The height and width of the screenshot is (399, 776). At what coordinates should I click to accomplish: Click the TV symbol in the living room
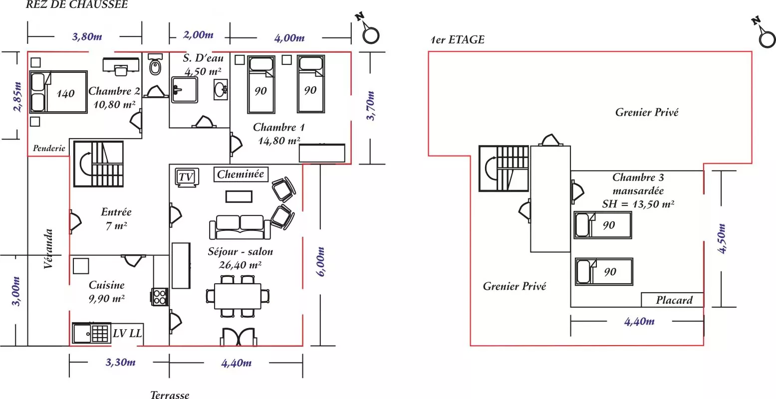coord(187,178)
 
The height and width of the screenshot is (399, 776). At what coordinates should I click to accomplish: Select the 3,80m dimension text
coord(87,36)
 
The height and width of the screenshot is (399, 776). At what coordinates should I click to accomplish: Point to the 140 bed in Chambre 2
coord(59,93)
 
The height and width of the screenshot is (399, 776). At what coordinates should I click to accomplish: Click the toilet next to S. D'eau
coord(155,65)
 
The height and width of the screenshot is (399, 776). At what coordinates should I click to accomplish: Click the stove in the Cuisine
coord(160,297)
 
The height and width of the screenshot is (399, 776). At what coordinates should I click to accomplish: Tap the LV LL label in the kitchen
coord(127,333)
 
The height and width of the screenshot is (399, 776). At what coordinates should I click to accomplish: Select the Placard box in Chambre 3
coord(673,300)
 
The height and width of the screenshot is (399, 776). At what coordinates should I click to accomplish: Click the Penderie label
coord(49,148)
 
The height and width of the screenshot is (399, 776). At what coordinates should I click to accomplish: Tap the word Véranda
coord(48,248)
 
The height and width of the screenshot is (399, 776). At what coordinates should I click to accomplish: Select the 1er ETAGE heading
coord(458,40)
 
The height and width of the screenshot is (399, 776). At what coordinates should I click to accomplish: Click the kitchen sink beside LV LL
coord(91,333)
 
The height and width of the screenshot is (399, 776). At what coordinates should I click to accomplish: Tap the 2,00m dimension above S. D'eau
coord(198,35)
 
